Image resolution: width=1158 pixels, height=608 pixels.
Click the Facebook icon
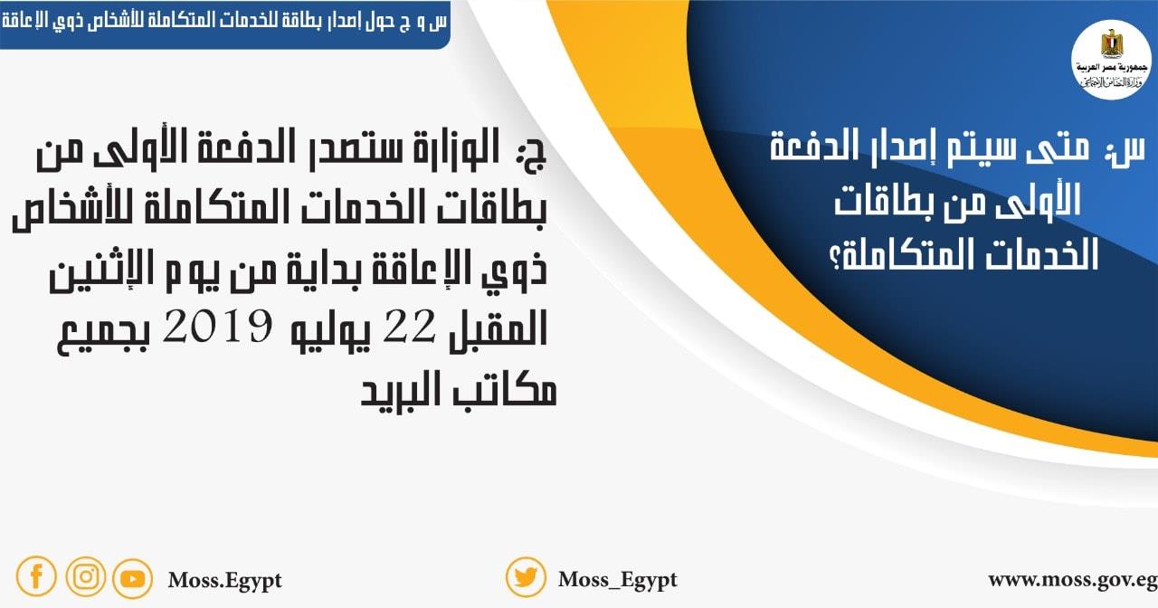(36, 576)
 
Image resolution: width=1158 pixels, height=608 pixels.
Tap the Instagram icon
(85, 576)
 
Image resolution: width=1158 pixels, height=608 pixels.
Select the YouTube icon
(132, 578)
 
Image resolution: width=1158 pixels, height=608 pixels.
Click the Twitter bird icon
(526, 577)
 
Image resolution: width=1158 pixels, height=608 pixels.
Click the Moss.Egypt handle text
(224, 580)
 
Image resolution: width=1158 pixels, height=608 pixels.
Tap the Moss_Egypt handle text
(617, 580)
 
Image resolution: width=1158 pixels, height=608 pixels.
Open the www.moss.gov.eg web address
(1072, 579)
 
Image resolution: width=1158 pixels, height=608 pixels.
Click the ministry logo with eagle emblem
(1109, 59)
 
